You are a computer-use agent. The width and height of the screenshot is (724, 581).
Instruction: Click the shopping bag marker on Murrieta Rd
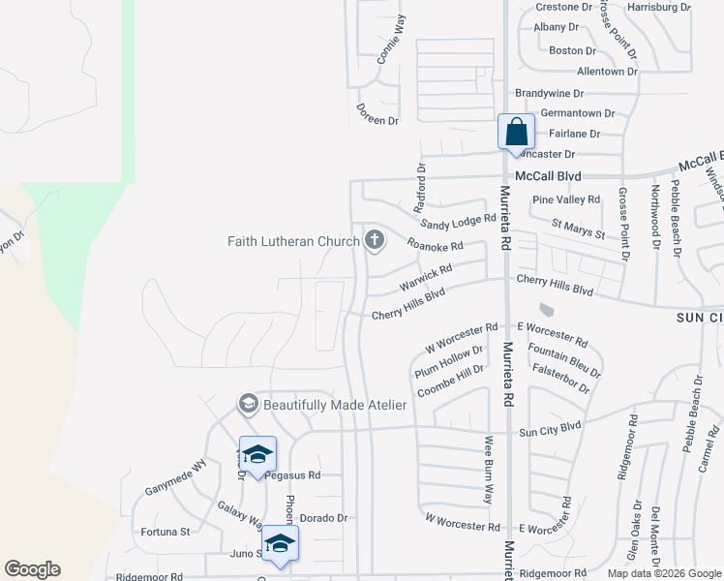517,132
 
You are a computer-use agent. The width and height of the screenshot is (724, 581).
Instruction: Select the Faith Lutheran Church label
293,241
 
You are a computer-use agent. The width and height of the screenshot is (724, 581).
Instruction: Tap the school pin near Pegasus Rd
257,454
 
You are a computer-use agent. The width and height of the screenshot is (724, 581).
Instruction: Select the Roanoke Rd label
435,245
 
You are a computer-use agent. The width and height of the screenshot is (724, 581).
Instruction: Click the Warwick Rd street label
425,281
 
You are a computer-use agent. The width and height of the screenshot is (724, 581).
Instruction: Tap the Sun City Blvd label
549,426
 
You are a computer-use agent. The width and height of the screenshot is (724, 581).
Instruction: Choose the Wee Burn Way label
489,471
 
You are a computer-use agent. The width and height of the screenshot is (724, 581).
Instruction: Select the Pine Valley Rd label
566,199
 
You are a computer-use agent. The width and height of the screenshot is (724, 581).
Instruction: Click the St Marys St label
578,229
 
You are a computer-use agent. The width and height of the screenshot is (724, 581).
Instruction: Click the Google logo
33,569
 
